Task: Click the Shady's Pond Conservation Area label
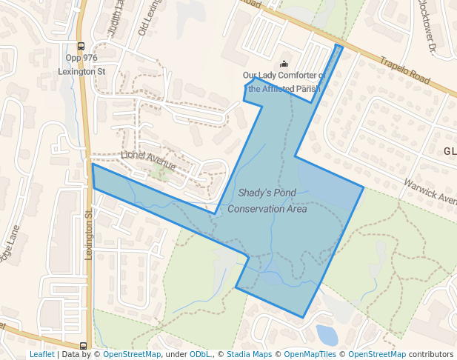pyautogui.click(x=267, y=201)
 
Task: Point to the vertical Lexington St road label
pyautogui.click(x=88, y=234)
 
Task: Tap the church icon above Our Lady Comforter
pyautogui.click(x=283, y=64)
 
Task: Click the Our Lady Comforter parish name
pyautogui.click(x=284, y=82)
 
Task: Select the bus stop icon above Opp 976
pyautogui.click(x=81, y=46)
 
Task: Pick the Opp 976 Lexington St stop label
pyautogui.click(x=81, y=64)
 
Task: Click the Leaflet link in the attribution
pyautogui.click(x=41, y=354)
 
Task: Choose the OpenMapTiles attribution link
pyautogui.click(x=312, y=354)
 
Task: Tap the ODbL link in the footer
pyautogui.click(x=200, y=354)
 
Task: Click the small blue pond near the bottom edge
pyautogui.click(x=326, y=335)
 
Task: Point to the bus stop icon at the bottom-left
pyautogui.click(x=81, y=345)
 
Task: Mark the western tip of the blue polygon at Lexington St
pyautogui.click(x=93, y=166)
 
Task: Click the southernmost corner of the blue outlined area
pyautogui.click(x=303, y=318)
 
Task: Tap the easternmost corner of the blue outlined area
pyautogui.click(x=363, y=187)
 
